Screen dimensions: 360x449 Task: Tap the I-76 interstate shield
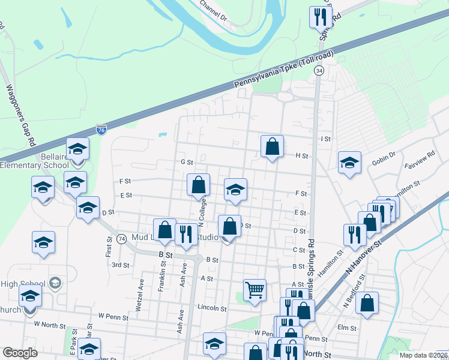[x=102, y=130]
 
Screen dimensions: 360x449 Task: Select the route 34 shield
[x=319, y=71]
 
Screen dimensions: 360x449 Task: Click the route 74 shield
[x=121, y=238]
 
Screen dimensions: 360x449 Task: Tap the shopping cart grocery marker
[x=255, y=291]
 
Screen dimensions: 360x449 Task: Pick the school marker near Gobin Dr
[x=349, y=163]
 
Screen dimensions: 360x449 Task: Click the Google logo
[x=20, y=353]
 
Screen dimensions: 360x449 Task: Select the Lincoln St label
[x=212, y=308]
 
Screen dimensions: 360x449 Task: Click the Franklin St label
[x=162, y=277]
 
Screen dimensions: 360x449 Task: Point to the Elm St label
[x=347, y=328]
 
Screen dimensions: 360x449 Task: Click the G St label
[x=186, y=162]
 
